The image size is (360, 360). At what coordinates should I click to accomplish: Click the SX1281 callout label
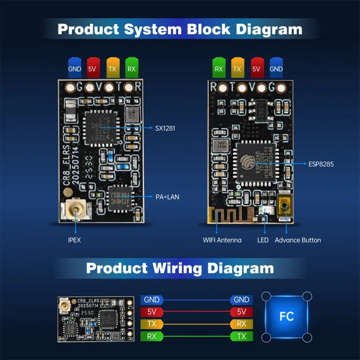[x=165, y=128]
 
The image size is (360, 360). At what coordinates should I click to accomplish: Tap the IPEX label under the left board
[x=74, y=240]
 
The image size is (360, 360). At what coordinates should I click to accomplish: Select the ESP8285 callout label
[x=321, y=164]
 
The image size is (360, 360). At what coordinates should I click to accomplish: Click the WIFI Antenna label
[x=222, y=240]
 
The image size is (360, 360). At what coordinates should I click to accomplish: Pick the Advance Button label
[x=298, y=240]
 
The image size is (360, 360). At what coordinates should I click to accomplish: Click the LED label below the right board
[x=263, y=240]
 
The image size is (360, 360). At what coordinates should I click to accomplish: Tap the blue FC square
[x=287, y=316]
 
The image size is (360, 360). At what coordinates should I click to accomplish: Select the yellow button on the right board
[x=284, y=208]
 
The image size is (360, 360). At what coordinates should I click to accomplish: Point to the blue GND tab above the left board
[x=75, y=69]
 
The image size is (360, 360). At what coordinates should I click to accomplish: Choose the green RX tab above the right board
[x=219, y=69]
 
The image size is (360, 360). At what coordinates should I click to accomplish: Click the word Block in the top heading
[x=203, y=30]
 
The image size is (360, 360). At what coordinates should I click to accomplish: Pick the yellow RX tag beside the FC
[x=241, y=324]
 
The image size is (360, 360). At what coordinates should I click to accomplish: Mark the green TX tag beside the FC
[x=241, y=336]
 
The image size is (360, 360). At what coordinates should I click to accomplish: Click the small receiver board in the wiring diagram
[x=95, y=319]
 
